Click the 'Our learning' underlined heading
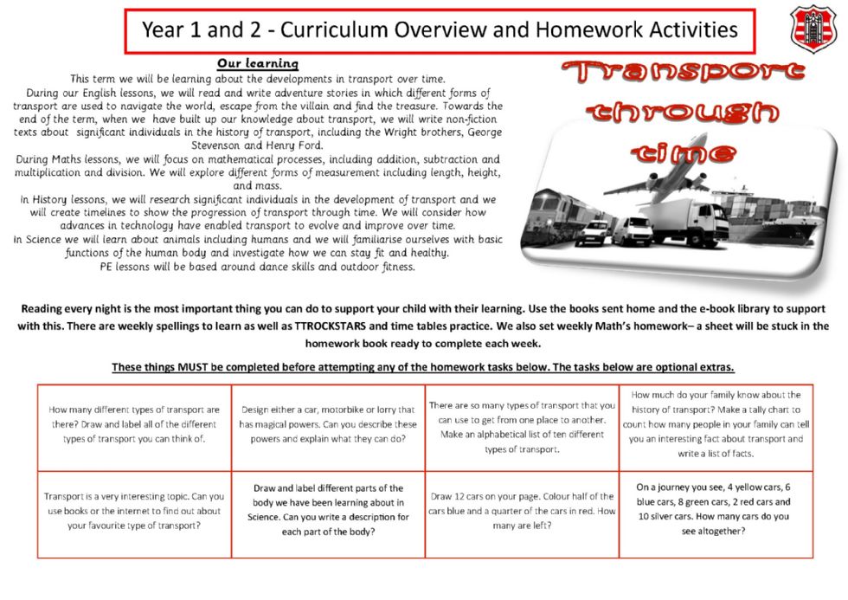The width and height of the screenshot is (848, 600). click(x=257, y=63)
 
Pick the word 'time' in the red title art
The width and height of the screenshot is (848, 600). click(x=684, y=153)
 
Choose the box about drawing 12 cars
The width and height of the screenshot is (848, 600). click(x=521, y=511)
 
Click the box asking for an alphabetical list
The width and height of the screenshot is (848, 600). click(x=521, y=427)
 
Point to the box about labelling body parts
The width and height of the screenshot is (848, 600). click(x=328, y=510)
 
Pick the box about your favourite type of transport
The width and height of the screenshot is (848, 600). click(x=134, y=511)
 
